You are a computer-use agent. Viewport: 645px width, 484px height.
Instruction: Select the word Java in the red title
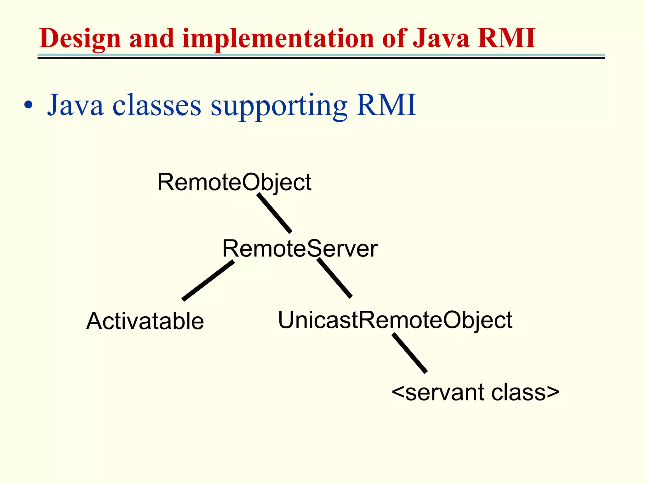[441, 39]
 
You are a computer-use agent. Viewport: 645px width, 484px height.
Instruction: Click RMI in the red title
[506, 38]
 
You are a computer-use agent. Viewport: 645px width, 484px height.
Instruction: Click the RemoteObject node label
[234, 182]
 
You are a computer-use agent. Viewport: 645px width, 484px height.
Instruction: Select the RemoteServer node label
[300, 249]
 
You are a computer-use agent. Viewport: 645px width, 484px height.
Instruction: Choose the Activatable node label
[145, 321]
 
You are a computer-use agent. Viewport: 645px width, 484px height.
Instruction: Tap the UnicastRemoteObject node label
[395, 320]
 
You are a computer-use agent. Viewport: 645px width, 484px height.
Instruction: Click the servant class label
[475, 392]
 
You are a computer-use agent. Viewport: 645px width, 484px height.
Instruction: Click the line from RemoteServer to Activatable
[208, 280]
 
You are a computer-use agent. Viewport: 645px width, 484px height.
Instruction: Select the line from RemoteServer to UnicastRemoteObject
[334, 278]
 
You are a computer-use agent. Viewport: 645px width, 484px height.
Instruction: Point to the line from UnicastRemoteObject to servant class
[409, 353]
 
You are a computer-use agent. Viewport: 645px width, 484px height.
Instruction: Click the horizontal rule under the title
[321, 56]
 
